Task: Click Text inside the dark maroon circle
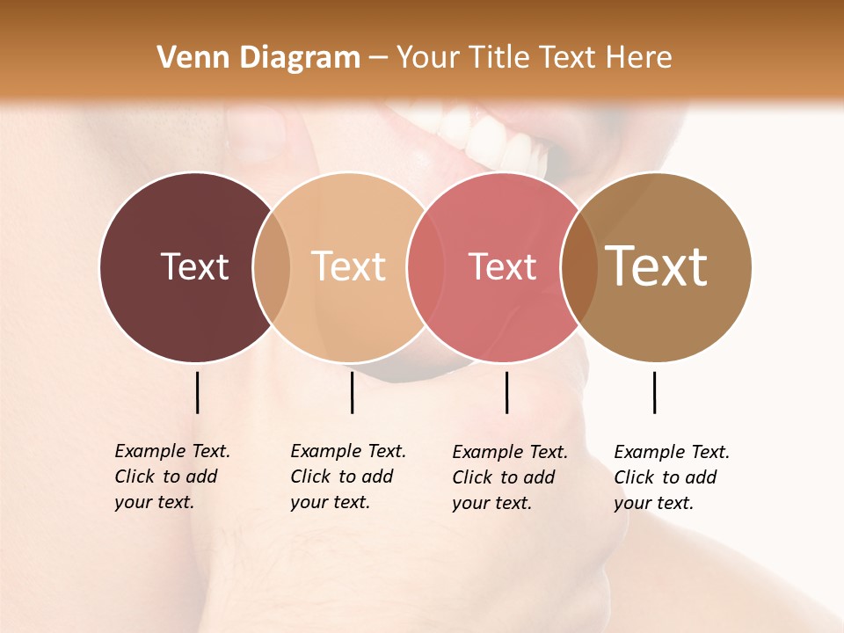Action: pyautogui.click(x=194, y=266)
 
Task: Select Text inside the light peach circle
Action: pyautogui.click(x=348, y=266)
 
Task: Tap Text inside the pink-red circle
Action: pyautogui.click(x=502, y=266)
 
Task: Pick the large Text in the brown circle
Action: pyautogui.click(x=656, y=266)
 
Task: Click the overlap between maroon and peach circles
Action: pyautogui.click(x=272, y=267)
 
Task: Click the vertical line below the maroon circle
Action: pyautogui.click(x=197, y=392)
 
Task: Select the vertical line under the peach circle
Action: pyautogui.click(x=352, y=392)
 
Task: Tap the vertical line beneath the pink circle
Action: pyautogui.click(x=506, y=392)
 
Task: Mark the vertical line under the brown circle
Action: pyautogui.click(x=655, y=392)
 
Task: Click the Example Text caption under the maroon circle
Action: pyautogui.click(x=171, y=477)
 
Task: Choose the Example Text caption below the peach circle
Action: pyautogui.click(x=347, y=477)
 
